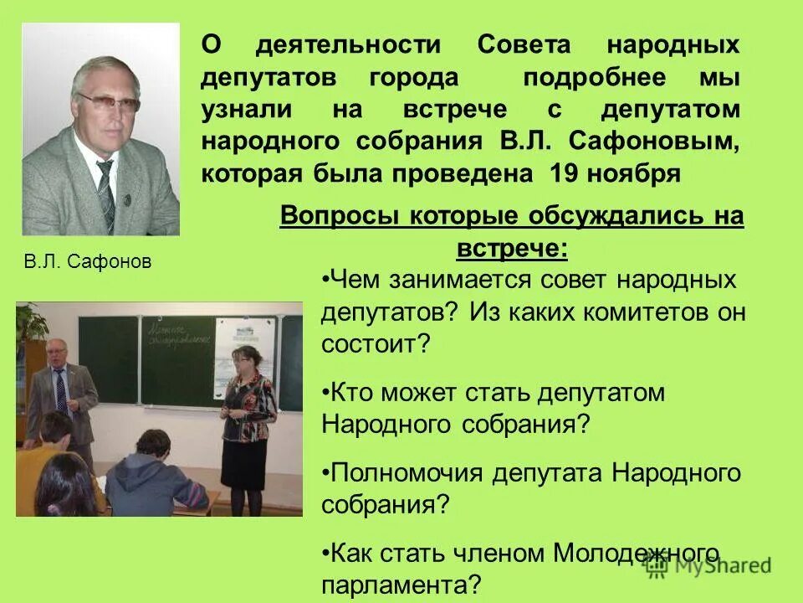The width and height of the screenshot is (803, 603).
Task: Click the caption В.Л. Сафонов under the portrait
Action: click(88, 262)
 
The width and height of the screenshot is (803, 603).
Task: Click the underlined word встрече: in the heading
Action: click(511, 249)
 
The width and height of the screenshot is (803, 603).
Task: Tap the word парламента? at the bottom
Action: click(401, 583)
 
